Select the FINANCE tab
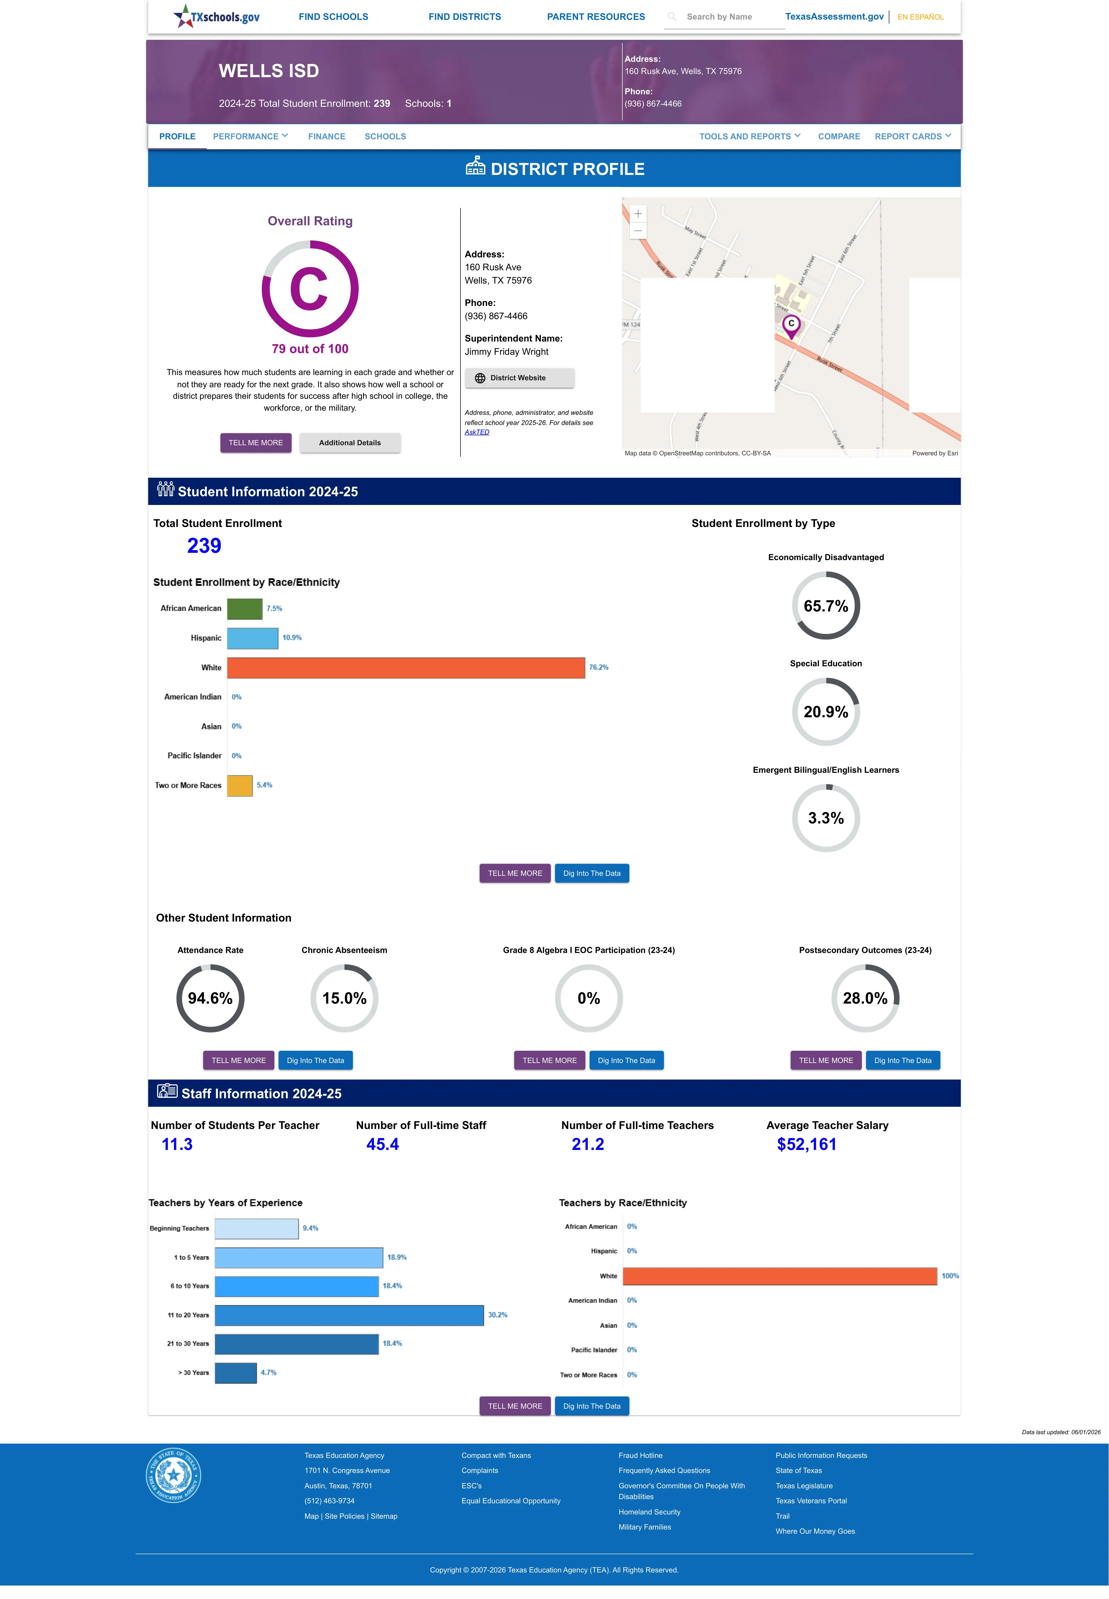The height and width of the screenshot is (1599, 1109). coord(327,136)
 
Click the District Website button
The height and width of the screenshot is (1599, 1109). coord(519,378)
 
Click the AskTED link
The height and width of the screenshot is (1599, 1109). coord(477,432)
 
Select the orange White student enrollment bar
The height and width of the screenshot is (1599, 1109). coord(406,667)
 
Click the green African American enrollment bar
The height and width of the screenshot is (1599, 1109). coord(245,608)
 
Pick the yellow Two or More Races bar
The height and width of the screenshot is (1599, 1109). coord(240,785)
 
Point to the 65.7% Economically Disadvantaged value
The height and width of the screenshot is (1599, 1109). coord(826,606)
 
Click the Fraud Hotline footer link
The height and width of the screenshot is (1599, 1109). coord(640,1455)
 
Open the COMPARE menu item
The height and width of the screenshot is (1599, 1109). coord(839,136)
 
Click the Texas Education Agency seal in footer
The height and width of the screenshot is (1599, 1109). coord(173,1475)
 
